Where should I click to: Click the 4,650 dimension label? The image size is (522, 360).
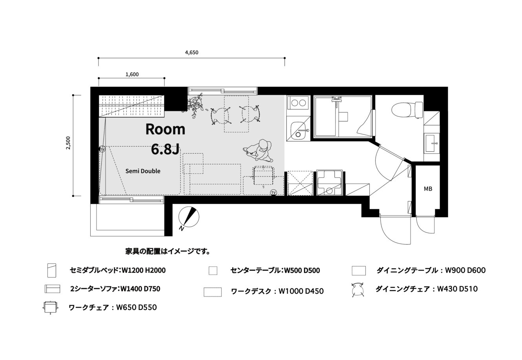(192, 53)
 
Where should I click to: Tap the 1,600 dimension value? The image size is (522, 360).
(132, 74)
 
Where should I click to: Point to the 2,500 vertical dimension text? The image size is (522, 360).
(68, 143)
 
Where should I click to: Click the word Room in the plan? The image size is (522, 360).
(165, 129)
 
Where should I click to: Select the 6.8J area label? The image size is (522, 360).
(165, 149)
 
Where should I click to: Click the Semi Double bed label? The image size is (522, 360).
(143, 171)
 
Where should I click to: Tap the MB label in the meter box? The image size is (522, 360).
(428, 189)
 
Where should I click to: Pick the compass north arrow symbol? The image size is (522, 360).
(189, 217)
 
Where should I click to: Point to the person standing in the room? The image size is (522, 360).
(258, 150)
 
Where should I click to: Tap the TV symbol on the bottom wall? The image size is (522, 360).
(273, 193)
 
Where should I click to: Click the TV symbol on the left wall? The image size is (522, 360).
(102, 149)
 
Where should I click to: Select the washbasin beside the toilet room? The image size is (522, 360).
(432, 144)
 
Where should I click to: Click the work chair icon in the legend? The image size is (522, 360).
(50, 307)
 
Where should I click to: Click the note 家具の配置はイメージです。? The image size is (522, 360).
(168, 251)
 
